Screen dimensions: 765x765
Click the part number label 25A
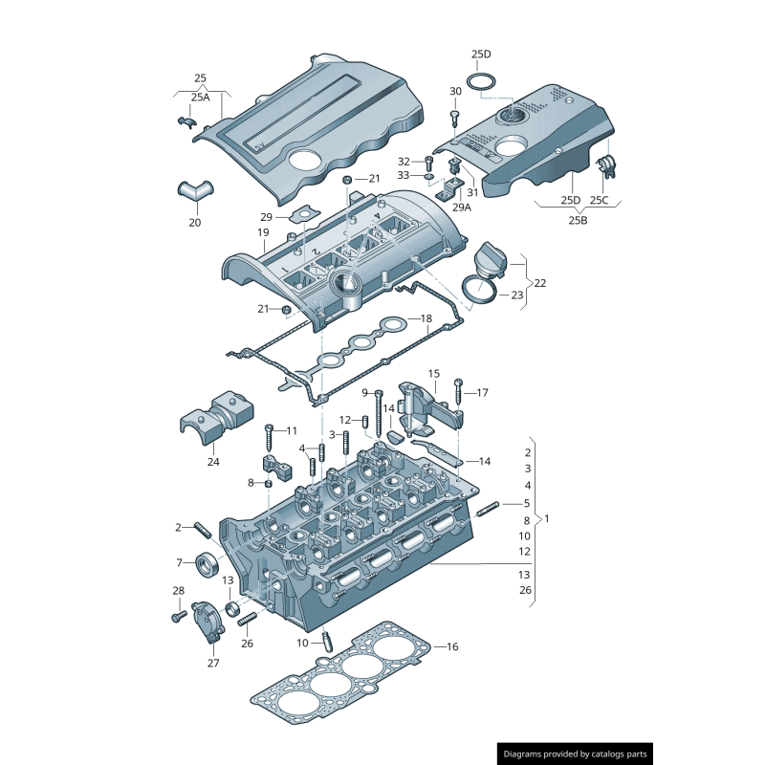(x=200, y=97)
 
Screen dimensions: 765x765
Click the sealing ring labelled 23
(x=480, y=287)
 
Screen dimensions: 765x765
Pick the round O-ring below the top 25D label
(x=483, y=80)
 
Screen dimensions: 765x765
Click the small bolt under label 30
(x=455, y=117)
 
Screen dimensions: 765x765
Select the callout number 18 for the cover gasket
(x=426, y=317)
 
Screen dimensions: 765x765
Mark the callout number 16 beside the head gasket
(x=452, y=647)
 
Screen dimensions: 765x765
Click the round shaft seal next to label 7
(x=207, y=564)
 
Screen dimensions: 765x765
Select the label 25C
(x=599, y=200)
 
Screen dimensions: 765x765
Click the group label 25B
(x=578, y=220)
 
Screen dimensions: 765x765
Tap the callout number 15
(x=434, y=374)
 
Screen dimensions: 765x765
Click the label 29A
(x=462, y=207)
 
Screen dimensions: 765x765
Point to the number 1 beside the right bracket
(x=547, y=519)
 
